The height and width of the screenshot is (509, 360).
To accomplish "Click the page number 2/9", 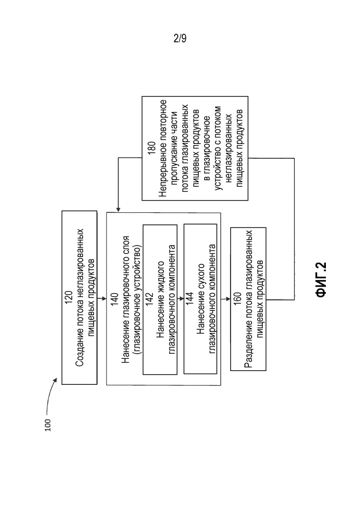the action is (180, 39).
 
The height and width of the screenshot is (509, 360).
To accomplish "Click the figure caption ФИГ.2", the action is (321, 280).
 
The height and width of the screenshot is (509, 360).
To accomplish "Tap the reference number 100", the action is (48, 425).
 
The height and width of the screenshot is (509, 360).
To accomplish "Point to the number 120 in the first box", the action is (69, 298).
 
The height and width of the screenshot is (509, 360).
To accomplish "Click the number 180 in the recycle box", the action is (152, 148).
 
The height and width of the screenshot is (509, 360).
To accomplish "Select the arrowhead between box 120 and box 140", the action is (104, 298).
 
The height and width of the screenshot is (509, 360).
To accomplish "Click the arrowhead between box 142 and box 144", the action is (181, 298).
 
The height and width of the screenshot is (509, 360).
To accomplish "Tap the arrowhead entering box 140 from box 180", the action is (118, 209).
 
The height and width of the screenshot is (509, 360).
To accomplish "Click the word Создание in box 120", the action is (79, 348).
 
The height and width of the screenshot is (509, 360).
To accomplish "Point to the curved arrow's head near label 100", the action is (56, 380).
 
